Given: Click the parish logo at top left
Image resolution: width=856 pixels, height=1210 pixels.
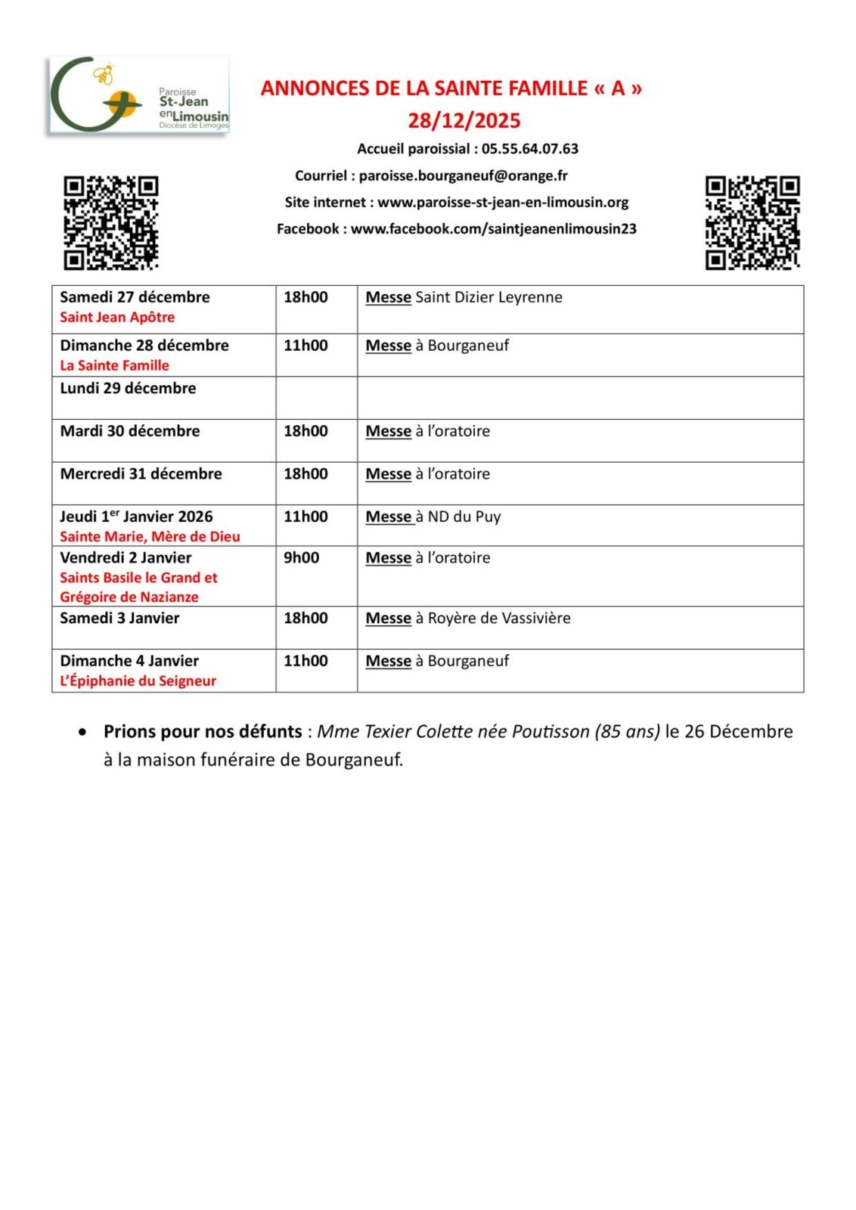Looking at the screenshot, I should point(138,96).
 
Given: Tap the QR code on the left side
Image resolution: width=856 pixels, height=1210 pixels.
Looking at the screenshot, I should point(110,222).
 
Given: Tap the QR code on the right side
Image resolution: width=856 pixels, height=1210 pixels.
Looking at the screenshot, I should point(752,222).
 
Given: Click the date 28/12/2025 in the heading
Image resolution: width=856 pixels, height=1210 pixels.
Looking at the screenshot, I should point(464,121).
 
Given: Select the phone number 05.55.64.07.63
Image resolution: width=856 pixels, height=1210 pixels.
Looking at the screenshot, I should point(529,149).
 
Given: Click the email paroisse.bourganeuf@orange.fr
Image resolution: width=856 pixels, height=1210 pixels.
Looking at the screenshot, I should point(463,175).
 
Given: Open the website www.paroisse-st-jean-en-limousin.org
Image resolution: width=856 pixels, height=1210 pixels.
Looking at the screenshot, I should point(503,202).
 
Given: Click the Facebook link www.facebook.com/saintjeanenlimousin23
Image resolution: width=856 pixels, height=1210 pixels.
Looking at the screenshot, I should point(493,228).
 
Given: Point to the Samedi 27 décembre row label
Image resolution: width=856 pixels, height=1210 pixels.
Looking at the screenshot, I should point(135,297).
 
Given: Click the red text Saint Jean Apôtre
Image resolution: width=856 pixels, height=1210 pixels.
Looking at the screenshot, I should point(117,318).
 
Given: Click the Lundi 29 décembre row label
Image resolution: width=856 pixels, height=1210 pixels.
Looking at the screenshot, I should point(128,389).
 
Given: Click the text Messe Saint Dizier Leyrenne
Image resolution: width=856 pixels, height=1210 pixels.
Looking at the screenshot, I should point(464,297).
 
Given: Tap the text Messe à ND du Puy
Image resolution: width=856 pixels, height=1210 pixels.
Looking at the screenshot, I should point(433,517).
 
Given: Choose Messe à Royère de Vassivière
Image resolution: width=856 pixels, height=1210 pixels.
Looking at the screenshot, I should point(467,619).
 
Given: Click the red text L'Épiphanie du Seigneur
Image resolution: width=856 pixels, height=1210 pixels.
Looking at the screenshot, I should point(138,681).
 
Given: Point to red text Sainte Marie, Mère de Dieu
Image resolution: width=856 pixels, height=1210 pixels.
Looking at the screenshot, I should point(150,537).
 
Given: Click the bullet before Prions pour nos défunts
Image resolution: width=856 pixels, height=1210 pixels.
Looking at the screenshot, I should point(82,732).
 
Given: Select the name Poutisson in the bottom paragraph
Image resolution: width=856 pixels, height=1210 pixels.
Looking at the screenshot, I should point(550,732).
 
